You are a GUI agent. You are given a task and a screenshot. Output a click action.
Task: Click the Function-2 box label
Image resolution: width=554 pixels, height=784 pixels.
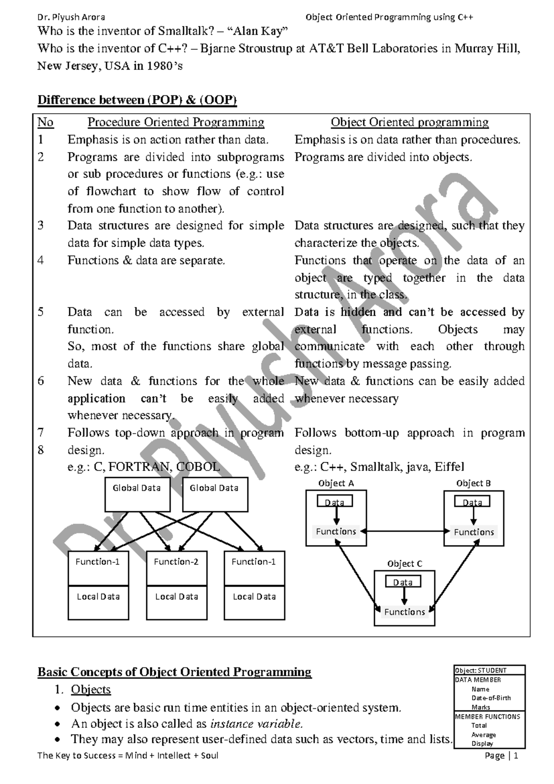176,562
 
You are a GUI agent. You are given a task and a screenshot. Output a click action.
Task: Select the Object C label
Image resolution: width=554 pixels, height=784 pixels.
404,563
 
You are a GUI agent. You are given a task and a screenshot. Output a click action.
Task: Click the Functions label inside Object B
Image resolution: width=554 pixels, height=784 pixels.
474,532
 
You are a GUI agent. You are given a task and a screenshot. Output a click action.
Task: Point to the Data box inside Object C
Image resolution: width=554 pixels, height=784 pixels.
403,582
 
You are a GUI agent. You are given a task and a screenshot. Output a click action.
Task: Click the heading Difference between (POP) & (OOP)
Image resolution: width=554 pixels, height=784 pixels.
137,100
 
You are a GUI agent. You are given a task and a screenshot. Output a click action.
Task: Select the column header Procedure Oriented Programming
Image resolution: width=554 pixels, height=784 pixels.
176,122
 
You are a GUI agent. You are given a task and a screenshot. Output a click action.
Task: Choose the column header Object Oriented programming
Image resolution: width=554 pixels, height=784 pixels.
409,122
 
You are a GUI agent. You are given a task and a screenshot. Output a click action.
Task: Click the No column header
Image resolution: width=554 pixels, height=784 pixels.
45,122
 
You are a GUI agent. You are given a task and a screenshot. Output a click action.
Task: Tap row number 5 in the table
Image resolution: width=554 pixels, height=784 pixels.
41,312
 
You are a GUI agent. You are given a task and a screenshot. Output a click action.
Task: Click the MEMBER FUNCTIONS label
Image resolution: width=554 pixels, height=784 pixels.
488,717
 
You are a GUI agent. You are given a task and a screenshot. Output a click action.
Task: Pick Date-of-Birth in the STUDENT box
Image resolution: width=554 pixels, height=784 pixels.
491,698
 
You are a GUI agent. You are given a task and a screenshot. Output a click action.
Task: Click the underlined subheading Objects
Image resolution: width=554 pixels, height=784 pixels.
91,690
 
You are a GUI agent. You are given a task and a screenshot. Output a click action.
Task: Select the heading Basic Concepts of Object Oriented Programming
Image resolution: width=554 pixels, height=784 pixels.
175,672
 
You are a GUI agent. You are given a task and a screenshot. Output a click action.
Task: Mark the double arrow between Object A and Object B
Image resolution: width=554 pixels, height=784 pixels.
405,532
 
